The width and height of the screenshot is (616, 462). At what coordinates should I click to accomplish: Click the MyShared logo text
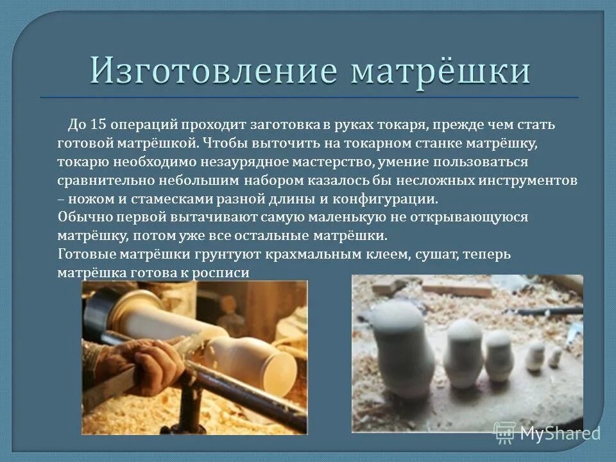point(560,433)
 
